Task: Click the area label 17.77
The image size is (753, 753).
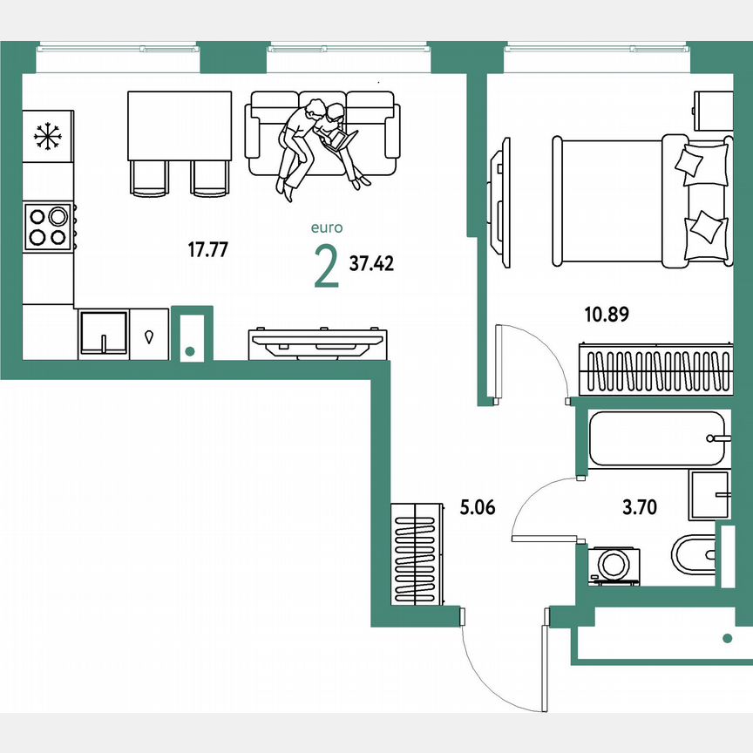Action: [207, 250]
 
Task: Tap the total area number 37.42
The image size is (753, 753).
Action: [371, 263]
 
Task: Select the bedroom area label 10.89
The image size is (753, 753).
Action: [606, 313]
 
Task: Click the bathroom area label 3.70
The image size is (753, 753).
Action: [638, 507]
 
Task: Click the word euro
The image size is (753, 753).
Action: [327, 228]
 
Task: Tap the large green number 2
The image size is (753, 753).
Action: [326, 267]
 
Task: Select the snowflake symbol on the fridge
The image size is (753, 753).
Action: [48, 136]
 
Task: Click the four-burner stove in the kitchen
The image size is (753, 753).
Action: [48, 226]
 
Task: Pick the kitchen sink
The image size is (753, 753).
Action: [103, 333]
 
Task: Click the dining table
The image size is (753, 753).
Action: [179, 125]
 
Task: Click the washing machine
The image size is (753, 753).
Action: [614, 564]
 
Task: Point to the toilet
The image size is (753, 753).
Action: [694, 553]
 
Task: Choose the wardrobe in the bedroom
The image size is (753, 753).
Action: [655, 370]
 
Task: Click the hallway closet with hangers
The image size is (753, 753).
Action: [417, 555]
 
